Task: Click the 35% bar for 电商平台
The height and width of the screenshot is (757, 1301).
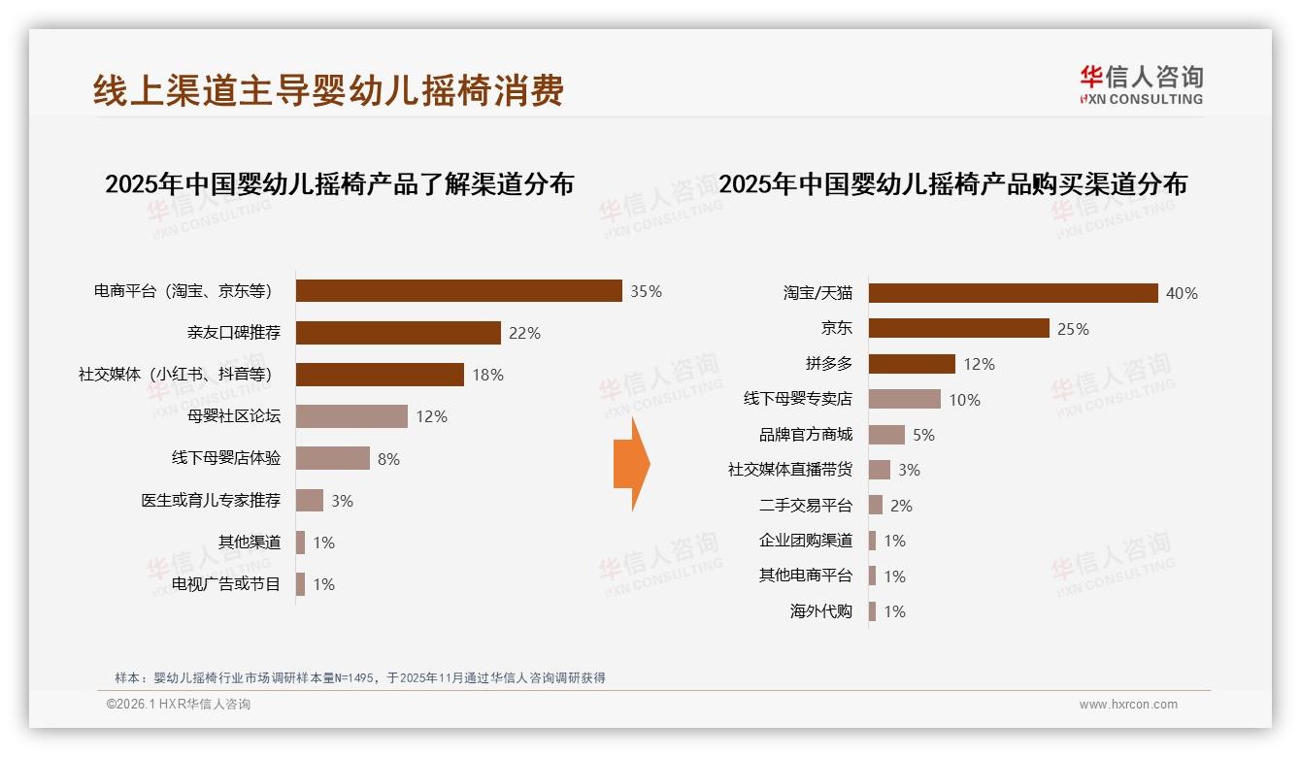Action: click(x=458, y=291)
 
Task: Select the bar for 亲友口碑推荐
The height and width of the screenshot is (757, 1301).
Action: click(x=398, y=333)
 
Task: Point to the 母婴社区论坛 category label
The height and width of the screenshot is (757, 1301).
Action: click(x=234, y=416)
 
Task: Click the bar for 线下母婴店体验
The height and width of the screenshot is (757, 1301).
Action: click(x=332, y=458)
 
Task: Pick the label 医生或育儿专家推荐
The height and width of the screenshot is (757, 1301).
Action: click(x=211, y=500)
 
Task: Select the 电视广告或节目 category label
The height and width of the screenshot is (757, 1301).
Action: click(x=226, y=583)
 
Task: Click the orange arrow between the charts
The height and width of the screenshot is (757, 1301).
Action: click(x=631, y=464)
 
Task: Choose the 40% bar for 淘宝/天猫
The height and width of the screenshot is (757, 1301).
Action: click(x=1013, y=293)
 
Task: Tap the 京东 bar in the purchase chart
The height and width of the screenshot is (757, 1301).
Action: click(x=958, y=328)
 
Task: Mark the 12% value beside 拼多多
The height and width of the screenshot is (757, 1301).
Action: click(x=979, y=364)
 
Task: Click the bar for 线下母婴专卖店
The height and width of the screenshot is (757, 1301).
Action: click(x=904, y=399)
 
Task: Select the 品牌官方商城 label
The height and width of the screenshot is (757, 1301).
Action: click(x=806, y=435)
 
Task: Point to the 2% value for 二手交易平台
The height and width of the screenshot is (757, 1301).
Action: click(x=900, y=506)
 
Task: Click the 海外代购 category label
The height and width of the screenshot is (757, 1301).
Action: click(x=821, y=611)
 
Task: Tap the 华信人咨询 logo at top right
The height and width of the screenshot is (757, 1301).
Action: click(x=1141, y=83)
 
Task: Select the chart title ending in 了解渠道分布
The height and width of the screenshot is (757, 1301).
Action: click(x=339, y=183)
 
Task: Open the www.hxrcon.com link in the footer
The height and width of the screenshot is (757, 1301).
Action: click(x=1128, y=705)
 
